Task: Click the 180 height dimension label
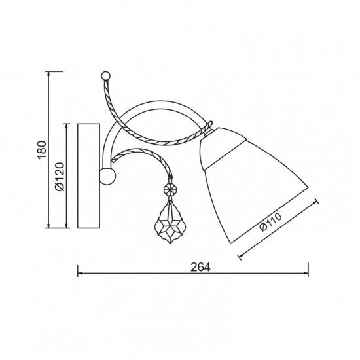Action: click(x=42, y=150)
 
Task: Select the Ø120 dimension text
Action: click(x=60, y=177)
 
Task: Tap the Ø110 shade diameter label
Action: click(x=270, y=223)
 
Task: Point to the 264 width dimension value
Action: click(x=200, y=267)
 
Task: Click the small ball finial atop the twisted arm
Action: click(x=106, y=75)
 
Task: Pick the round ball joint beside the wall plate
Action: click(x=107, y=176)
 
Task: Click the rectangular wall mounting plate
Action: click(x=88, y=176)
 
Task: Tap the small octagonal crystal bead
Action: click(x=170, y=190)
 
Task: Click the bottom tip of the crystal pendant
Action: click(x=170, y=244)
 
